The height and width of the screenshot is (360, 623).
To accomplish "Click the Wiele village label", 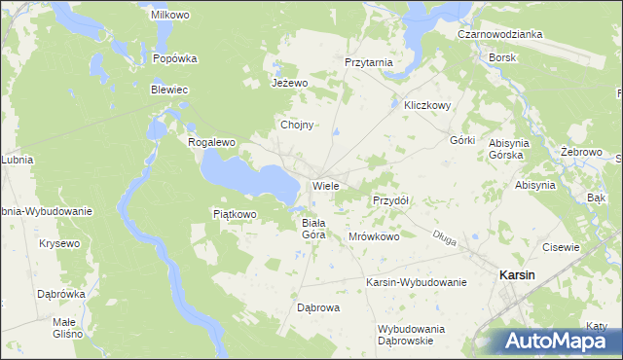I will (325, 185).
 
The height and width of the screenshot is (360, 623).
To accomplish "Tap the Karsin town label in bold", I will (516, 275).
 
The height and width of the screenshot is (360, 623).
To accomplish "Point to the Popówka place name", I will (175, 58).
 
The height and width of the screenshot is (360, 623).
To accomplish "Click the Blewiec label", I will (168, 90).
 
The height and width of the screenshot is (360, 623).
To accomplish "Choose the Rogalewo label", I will (212, 142).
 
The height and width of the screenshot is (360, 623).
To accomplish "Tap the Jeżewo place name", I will (289, 83).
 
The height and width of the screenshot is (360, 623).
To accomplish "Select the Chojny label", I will (296, 126).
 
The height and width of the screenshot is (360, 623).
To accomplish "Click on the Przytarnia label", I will (369, 62).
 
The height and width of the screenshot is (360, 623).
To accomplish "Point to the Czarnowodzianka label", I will (500, 34).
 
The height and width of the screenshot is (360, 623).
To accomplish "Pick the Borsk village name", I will (503, 57).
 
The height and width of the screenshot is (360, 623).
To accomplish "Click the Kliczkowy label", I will (421, 106).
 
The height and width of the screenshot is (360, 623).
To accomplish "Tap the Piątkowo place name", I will (234, 214).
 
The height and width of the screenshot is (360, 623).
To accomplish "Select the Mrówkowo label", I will (375, 236).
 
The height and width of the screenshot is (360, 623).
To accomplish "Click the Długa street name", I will (445, 234).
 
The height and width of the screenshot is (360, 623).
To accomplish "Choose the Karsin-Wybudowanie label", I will (417, 282).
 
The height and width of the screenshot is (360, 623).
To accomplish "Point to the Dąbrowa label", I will (317, 308).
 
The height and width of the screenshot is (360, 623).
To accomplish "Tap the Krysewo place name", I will (59, 243).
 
